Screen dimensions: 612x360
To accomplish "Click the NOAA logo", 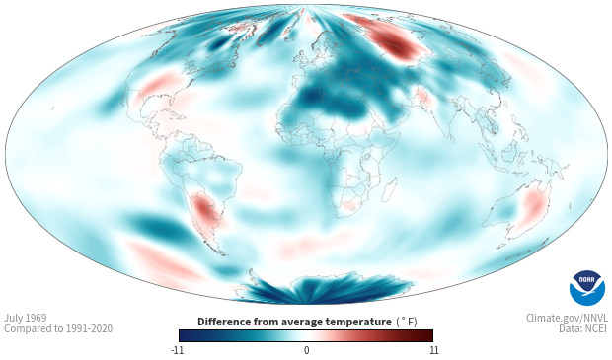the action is tap(587, 288).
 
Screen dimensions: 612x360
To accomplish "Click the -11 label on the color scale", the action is tap(177, 350).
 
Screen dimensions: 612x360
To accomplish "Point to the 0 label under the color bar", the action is tap(306, 350).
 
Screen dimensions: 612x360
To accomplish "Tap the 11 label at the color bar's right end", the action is tap(434, 350).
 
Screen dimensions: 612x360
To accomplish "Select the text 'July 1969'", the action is tap(26, 318).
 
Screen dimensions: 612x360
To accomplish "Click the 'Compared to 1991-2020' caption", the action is tap(58, 328).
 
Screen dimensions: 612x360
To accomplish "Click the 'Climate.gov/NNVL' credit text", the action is tap(567, 318).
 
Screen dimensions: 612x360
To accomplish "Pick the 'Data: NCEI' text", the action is tap(583, 328).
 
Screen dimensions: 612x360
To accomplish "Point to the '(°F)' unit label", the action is tap(407, 322).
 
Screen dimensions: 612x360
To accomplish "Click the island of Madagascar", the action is tap(389, 189).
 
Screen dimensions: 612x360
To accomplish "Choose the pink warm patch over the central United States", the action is tap(159, 83).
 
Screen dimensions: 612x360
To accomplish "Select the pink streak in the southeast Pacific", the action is tap(164, 260).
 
